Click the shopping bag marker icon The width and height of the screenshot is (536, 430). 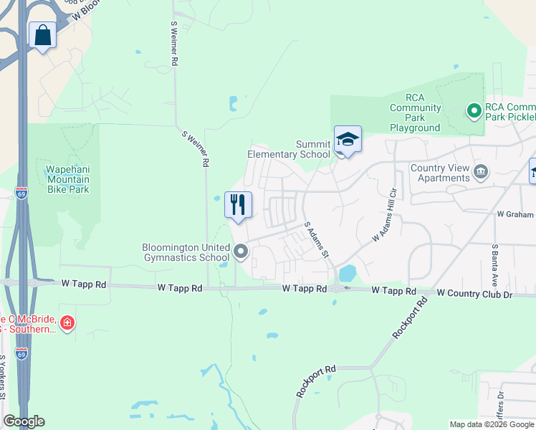coord(43,35)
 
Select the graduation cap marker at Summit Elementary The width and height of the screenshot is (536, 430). coord(348,140)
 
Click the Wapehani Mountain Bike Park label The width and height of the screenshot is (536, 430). coord(68,179)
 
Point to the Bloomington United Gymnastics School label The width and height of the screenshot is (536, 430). coord(186,252)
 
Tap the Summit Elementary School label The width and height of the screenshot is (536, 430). coord(289,149)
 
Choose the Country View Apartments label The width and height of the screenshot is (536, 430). coord(440,173)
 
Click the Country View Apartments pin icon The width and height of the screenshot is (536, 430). coord(481,171)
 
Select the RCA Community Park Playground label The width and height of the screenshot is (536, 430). coord(415,113)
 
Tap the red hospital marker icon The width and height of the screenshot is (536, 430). coord(67,324)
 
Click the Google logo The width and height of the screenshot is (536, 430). coord(24,421)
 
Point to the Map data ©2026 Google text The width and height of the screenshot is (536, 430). coord(492,424)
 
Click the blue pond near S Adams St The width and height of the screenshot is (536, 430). coord(348,273)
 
